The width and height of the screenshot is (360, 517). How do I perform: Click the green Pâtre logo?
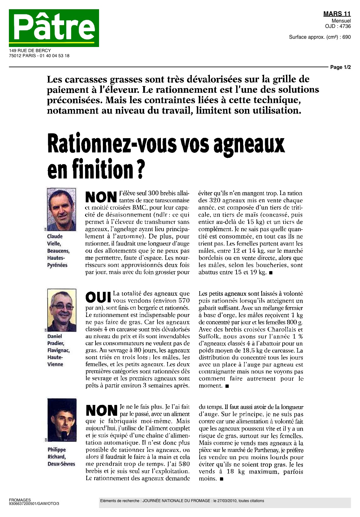click(54, 28)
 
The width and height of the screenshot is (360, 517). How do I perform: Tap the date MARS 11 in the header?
click(337, 14)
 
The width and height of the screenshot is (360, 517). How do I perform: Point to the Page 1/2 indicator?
click(340, 67)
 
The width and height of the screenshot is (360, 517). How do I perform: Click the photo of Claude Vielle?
click(62, 210)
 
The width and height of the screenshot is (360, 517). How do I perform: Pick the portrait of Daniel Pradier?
click(62, 310)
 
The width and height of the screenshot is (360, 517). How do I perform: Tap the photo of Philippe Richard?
click(62, 420)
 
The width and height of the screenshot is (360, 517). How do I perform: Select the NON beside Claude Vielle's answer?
click(101, 197)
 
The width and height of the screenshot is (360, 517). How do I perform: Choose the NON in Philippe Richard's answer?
click(102, 410)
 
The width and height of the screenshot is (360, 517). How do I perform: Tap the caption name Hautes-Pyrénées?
click(57, 261)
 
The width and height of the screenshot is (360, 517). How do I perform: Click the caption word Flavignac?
click(58, 350)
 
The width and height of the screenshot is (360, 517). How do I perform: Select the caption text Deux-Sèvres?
click(61, 464)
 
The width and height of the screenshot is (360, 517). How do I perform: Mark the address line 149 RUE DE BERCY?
click(30, 50)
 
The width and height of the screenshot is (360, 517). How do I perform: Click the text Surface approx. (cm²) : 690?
click(320, 37)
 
